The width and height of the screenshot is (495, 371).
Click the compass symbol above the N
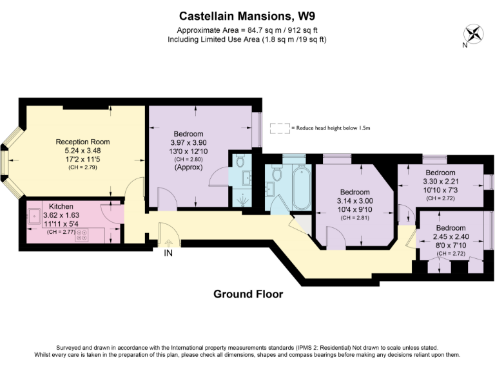[472, 33]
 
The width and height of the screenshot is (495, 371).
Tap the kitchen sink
[34, 216]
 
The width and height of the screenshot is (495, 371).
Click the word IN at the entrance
[168, 253]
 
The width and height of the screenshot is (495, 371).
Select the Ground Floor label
[248, 294]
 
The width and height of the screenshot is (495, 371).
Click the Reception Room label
[82, 142]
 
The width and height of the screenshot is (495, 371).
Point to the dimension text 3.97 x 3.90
[188, 142]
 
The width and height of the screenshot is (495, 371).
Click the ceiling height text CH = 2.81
[354, 218]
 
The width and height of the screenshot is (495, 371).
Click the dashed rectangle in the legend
[279, 128]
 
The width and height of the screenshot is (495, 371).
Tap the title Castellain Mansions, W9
[247, 14]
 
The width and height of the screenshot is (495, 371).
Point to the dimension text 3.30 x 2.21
[441, 182]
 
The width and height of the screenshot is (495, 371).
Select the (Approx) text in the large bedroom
[188, 167]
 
